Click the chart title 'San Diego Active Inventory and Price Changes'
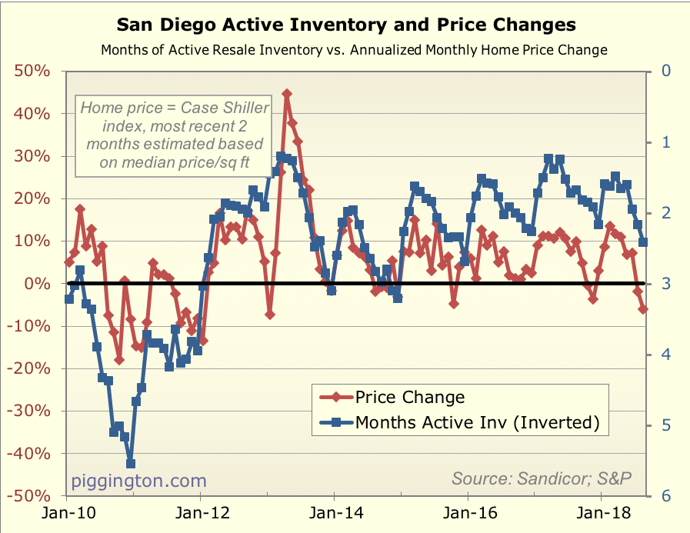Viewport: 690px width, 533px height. pos(345,25)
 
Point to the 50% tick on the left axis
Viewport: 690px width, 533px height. pos(32,72)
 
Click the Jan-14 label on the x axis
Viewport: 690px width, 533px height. pos(333,513)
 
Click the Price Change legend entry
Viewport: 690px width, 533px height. pos(409,397)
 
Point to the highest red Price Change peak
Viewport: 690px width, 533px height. pos(287,94)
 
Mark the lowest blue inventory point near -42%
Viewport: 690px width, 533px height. pos(131,464)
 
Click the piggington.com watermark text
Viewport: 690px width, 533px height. pos(139,481)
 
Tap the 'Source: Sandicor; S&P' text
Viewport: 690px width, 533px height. pos(541,478)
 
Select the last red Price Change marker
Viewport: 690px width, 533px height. pos(643,309)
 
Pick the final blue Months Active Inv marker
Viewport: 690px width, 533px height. pos(643,242)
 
